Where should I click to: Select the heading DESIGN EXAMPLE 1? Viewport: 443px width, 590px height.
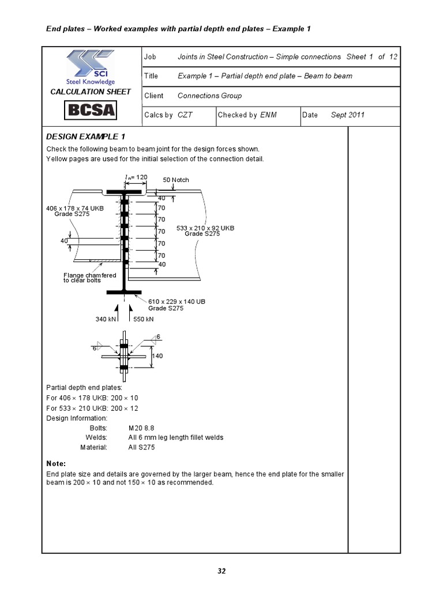click(x=85, y=137)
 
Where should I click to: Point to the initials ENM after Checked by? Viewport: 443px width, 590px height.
click(x=268, y=115)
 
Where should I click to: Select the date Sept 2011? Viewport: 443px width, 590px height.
click(x=347, y=115)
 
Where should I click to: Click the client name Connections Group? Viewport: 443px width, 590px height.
click(x=209, y=96)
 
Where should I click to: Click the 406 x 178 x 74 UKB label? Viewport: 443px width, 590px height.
click(x=75, y=208)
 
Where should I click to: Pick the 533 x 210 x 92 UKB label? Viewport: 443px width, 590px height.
click(x=205, y=228)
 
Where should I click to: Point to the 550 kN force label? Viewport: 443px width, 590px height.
click(x=144, y=319)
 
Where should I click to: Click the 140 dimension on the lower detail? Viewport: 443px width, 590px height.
click(x=157, y=356)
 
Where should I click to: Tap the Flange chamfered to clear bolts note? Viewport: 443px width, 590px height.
click(x=89, y=278)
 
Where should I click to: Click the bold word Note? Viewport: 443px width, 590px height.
click(x=56, y=463)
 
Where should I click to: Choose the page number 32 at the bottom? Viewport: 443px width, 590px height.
click(x=221, y=571)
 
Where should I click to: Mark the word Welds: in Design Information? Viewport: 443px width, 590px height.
click(x=97, y=437)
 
